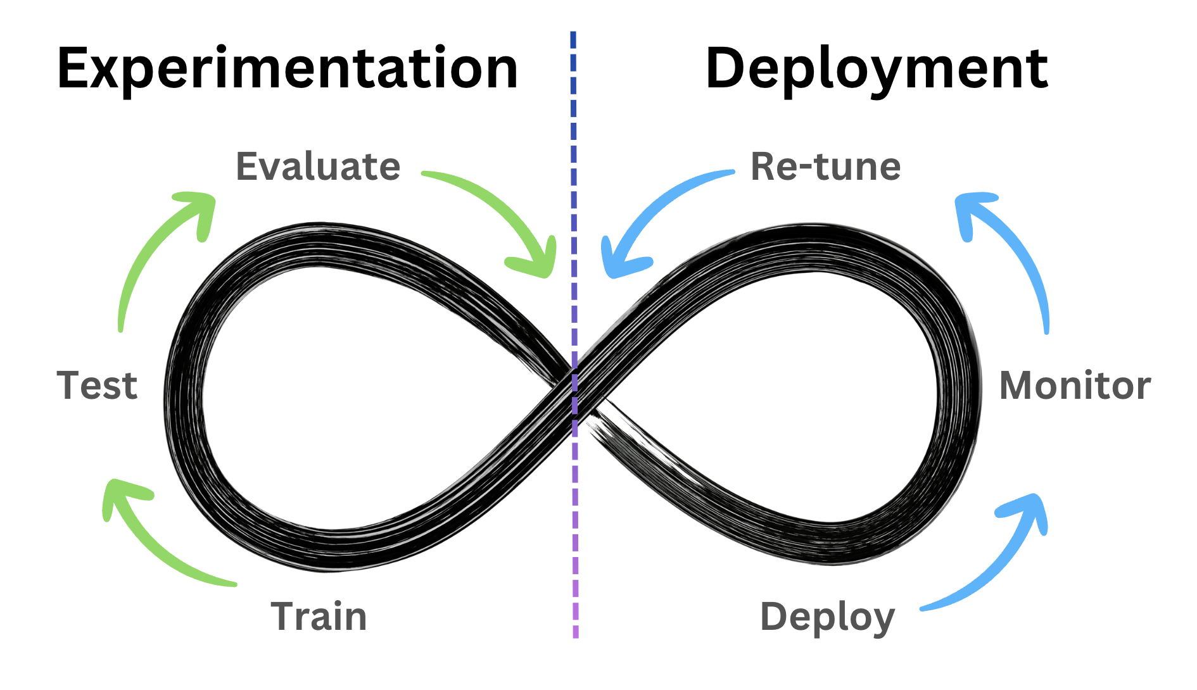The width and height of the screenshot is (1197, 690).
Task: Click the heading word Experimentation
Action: point(288,68)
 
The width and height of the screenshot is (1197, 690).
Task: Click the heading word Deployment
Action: point(877,68)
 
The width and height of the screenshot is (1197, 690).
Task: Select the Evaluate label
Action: point(318,166)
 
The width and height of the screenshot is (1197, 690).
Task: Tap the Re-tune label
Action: point(825,166)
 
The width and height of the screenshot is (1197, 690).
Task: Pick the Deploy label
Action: point(827,617)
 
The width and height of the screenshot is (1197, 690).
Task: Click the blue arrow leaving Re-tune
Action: point(652,209)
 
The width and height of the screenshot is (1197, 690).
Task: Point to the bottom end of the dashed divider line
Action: point(575,635)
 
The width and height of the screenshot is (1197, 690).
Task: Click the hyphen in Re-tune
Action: point(805,168)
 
